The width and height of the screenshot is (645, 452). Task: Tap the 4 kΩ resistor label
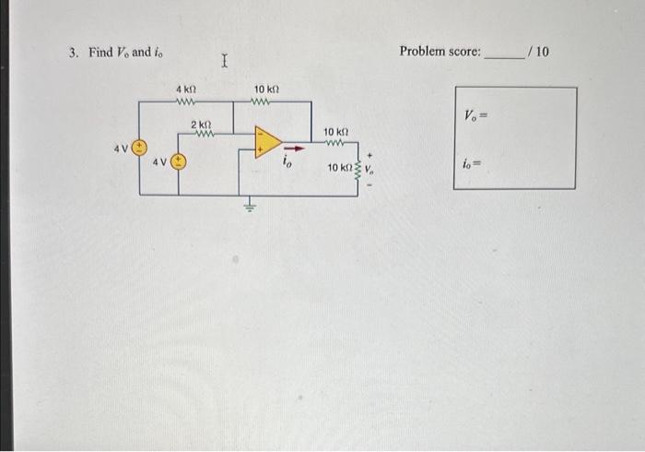tap(185, 89)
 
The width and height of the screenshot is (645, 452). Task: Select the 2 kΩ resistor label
tap(201, 124)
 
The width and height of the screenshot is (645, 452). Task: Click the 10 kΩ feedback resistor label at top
tap(266, 89)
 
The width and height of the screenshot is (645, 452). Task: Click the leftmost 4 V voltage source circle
tap(140, 148)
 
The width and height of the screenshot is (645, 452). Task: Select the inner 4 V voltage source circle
tap(177, 162)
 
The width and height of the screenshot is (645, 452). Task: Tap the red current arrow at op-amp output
tap(292, 145)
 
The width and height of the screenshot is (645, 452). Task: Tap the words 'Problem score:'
tap(440, 52)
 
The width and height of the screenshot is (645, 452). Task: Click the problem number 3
tap(74, 52)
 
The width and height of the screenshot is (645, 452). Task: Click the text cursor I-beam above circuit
tap(226, 62)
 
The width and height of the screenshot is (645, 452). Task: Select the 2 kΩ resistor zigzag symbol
tap(203, 135)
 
